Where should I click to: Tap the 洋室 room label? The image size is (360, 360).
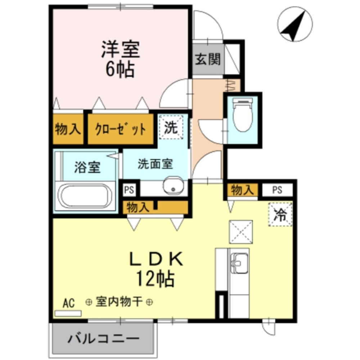(x=120, y=50)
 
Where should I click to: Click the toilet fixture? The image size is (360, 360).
(x=242, y=116)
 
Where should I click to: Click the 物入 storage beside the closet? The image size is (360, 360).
(x=68, y=129)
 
